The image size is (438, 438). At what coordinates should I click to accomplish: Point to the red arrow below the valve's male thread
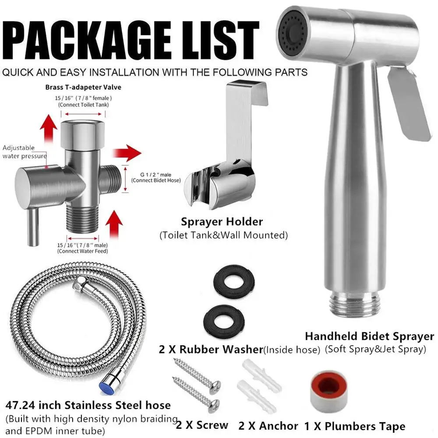pos(114,222)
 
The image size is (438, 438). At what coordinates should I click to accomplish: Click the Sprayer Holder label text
pos(222,222)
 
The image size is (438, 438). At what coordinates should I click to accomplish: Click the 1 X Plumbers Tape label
pos(355,425)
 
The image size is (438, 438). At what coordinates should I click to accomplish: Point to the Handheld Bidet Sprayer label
pos(369,336)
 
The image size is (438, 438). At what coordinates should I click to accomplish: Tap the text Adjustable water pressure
pos(25,152)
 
